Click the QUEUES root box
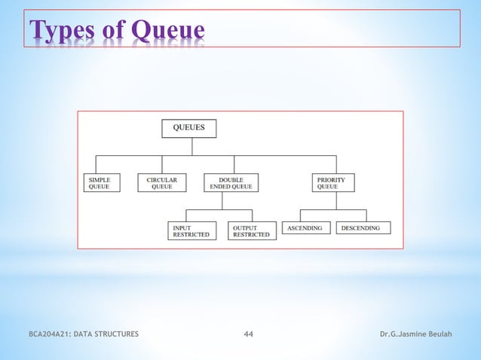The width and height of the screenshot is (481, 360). (188, 128)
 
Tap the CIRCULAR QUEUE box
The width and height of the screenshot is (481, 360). (162, 183)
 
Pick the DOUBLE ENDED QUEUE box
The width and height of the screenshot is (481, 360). (231, 183)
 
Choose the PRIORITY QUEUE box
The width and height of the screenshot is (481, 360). (332, 183)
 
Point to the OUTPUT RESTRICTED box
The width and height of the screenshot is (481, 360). (251, 230)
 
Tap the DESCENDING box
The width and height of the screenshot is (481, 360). (363, 227)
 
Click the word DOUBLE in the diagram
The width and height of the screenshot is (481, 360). (231, 180)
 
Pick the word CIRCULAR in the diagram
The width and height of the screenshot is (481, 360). (162, 180)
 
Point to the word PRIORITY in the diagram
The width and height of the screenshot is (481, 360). (331, 180)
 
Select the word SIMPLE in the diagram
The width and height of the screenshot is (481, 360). (100, 180)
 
